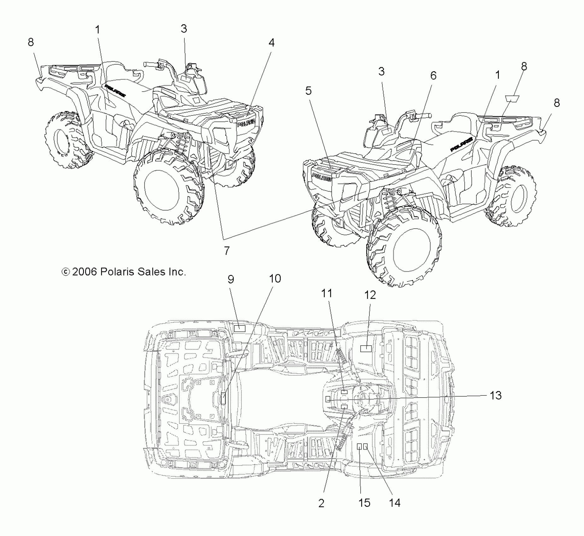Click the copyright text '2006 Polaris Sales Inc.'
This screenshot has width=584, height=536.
[124, 272]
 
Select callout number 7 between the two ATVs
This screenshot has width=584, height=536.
[227, 251]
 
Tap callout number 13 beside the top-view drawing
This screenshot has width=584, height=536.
[496, 395]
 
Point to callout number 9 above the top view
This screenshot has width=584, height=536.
[231, 279]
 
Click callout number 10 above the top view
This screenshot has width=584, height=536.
[275, 278]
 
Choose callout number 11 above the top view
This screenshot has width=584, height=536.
[327, 293]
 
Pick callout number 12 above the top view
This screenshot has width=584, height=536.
[370, 295]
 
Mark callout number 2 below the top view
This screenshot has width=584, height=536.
[321, 504]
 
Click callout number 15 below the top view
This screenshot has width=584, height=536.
[364, 503]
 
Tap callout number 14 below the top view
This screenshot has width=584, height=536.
[394, 503]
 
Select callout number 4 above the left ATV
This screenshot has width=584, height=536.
[271, 43]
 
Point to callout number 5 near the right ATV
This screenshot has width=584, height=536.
[308, 91]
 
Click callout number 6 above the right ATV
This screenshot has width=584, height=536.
[433, 76]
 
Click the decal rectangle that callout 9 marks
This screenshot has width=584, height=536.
[239, 328]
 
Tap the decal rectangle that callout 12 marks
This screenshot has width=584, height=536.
[366, 348]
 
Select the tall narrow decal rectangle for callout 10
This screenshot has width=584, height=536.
[223, 398]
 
